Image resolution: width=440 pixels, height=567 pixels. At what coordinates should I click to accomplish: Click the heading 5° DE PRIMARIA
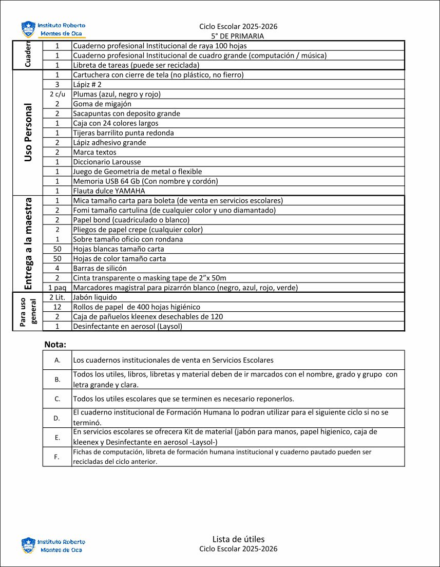[238, 36]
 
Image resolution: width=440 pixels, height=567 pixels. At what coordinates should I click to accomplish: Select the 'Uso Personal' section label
[28, 133]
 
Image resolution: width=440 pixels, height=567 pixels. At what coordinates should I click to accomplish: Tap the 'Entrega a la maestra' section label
[28, 243]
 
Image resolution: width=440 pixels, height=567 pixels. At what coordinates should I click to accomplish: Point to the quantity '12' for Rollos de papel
[58, 307]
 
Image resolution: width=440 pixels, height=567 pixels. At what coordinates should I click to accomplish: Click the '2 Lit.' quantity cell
[58, 297]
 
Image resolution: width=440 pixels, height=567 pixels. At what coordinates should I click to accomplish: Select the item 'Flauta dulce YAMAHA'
[109, 191]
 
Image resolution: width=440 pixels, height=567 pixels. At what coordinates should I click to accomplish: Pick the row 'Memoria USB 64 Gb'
[145, 181]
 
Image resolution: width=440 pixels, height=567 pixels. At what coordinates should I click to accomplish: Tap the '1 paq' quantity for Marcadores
[58, 288]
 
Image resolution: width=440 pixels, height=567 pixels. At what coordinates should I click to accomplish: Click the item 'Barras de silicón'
[100, 268]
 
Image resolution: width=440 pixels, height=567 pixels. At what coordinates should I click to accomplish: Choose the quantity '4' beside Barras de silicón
[58, 268]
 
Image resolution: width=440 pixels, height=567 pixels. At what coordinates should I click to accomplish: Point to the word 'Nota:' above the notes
[55, 344]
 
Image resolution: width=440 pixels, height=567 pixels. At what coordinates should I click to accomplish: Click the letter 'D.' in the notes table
[58, 418]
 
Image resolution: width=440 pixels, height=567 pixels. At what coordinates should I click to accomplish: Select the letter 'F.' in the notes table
[58, 457]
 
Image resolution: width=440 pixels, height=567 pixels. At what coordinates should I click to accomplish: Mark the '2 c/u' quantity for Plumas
[58, 94]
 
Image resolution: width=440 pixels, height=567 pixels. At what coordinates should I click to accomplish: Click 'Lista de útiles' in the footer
[238, 539]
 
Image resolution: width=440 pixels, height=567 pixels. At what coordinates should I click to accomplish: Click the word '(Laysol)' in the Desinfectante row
[169, 326]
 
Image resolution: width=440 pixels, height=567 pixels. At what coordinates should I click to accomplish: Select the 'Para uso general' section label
[28, 312]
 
